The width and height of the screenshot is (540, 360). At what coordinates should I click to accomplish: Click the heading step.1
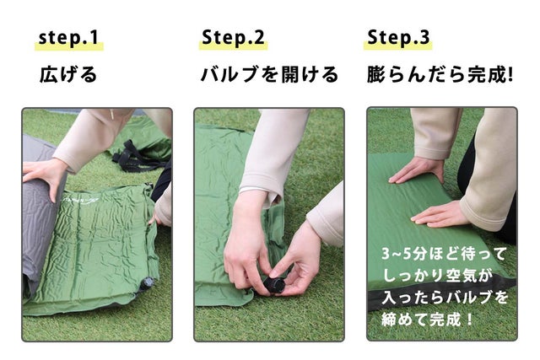[68, 37]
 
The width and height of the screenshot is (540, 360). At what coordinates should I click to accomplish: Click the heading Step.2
[233, 37]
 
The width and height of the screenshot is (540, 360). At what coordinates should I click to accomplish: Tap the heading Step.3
[398, 37]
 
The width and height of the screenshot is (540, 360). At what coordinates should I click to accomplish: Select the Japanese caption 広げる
[68, 74]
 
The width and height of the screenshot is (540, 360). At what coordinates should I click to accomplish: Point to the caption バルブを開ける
[269, 74]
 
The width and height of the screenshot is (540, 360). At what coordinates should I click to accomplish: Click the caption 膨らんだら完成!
[440, 74]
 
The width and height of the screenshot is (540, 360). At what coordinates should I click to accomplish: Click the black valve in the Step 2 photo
[274, 285]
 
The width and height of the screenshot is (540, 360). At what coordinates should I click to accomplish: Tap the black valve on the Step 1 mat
[148, 284]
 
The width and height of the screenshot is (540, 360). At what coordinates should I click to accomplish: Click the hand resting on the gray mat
[44, 176]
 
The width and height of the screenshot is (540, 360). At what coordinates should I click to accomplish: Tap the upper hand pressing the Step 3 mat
[416, 170]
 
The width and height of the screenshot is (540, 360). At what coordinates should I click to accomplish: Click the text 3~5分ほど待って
[444, 254]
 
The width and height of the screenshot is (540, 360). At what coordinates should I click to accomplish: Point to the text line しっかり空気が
[437, 276]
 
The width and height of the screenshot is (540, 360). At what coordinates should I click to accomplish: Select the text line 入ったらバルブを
[445, 297]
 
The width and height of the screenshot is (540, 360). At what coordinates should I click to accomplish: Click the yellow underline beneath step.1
[69, 47]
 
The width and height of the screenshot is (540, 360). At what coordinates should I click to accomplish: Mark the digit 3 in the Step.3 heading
[424, 37]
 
